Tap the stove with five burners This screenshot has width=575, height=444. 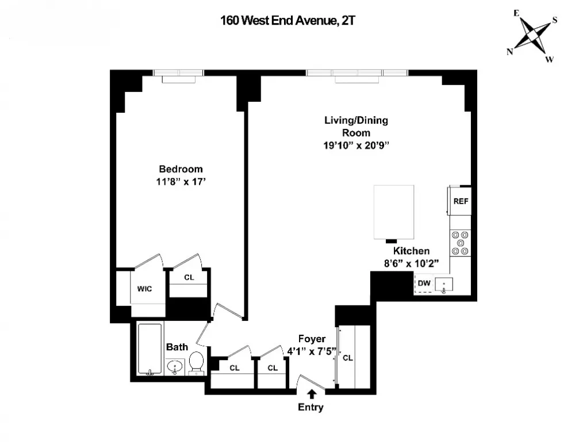coord(460,243)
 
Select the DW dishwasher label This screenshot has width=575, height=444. coord(424,284)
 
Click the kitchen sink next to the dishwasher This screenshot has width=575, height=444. coord(444,285)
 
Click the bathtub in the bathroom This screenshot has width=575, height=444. coord(149,349)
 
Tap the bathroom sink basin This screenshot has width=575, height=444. coord(175,366)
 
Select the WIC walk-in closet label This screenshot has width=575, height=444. coord(144,289)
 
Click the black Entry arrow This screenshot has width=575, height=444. coord(312,394)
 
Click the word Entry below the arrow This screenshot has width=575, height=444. coord(310,407)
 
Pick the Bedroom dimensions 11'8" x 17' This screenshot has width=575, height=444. coord(181,182)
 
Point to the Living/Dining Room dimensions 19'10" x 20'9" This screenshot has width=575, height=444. coord(356,146)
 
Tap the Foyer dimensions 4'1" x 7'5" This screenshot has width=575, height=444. coord(312,351)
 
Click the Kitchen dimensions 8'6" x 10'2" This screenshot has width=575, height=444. coord(412,263)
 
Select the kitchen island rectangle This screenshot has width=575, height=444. coord(394,212)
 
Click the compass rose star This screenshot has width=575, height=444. coord(532,36)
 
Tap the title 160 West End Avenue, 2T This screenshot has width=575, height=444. coord(287,20)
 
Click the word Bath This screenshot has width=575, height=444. coord(177,347)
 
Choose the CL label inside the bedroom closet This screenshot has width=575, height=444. coord(189,277)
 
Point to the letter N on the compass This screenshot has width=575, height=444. coord(509,52)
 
